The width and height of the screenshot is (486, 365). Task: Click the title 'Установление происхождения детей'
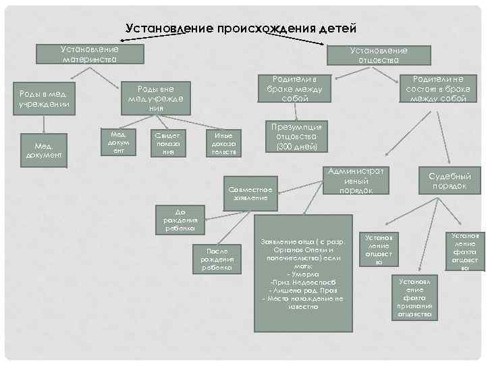point(240,28)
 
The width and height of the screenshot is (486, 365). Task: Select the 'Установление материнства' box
point(89,55)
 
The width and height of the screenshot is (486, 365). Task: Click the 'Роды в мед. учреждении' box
point(45,99)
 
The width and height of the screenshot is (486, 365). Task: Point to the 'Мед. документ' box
point(45,149)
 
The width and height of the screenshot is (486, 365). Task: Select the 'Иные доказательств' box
point(223,143)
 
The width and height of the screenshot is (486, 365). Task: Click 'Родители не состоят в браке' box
point(437,89)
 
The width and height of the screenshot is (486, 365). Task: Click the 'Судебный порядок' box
point(448,181)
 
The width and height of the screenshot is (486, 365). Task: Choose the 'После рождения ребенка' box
point(217,259)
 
